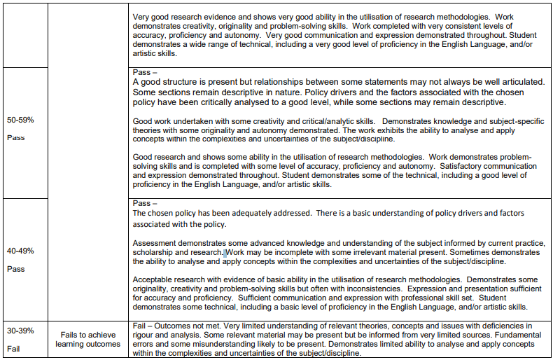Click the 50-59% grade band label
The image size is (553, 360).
point(20,120)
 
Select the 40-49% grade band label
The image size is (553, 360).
point(20,251)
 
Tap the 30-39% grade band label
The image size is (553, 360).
point(20,331)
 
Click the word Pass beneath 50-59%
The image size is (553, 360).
point(15,137)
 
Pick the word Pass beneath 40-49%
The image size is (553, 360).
point(15,269)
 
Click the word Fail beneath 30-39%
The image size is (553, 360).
point(14,348)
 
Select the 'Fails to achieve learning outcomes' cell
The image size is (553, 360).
point(88,340)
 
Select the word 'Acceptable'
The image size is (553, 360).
point(153,279)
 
